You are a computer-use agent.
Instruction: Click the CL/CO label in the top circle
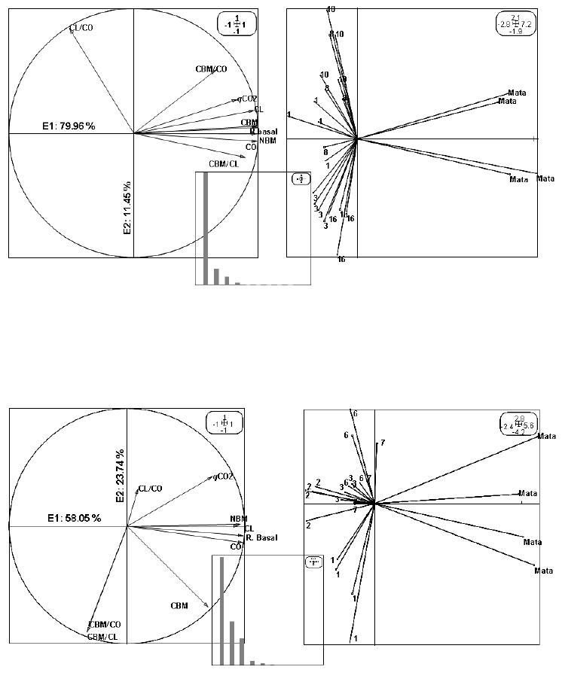(x=81, y=29)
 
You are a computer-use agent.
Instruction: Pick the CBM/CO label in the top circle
(x=211, y=69)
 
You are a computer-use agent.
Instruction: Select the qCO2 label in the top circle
(x=248, y=99)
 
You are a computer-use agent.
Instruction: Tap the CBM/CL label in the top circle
(x=224, y=164)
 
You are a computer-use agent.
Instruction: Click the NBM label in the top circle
(x=267, y=140)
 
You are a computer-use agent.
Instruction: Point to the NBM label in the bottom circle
(x=239, y=519)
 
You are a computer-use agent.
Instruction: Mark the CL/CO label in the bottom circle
(x=150, y=489)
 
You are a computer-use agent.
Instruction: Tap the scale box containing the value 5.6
(x=518, y=425)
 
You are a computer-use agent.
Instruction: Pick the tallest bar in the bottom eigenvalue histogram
(x=221, y=610)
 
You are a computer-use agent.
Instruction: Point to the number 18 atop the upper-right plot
(x=331, y=10)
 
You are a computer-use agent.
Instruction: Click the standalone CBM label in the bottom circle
(x=179, y=604)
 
